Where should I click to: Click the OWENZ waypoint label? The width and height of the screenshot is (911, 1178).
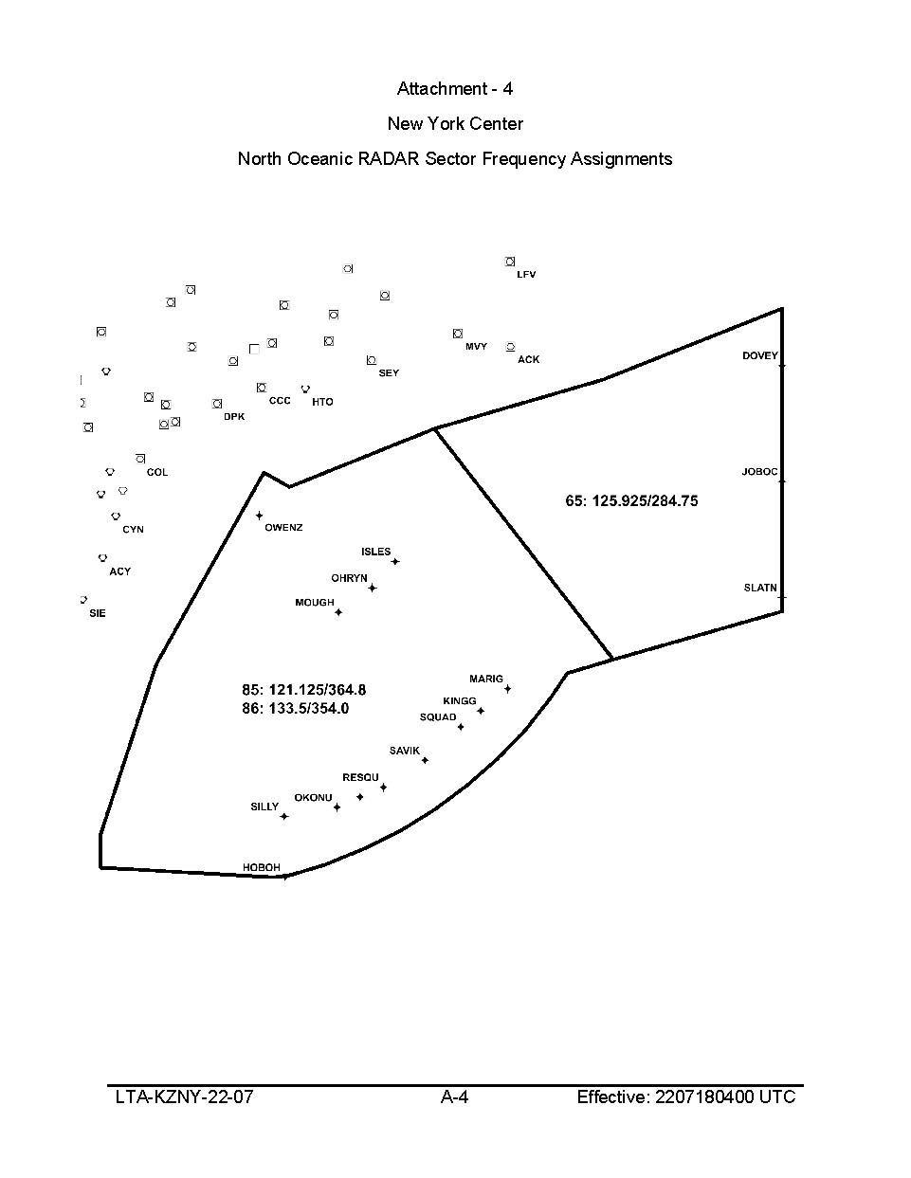coord(283,527)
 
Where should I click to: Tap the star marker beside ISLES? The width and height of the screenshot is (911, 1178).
coord(395,562)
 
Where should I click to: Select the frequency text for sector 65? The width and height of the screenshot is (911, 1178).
coord(631,500)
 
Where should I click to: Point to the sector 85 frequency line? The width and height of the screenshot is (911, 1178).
coord(303,690)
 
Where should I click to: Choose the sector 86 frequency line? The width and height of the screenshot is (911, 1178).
coord(296,708)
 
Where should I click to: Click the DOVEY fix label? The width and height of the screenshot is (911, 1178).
coord(759,356)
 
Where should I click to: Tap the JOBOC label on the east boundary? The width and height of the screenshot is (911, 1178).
coord(759,472)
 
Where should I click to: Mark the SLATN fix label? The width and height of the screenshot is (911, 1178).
coord(760,588)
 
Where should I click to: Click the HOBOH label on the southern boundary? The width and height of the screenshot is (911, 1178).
coord(262,867)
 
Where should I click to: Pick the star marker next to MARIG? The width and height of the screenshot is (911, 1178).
coord(507,689)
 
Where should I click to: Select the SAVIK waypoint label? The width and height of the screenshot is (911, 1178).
coord(404,751)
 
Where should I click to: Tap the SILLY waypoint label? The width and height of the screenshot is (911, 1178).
coord(264,806)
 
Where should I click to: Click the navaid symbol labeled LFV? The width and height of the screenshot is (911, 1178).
coord(510,262)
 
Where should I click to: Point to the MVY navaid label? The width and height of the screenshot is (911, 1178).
coord(476,347)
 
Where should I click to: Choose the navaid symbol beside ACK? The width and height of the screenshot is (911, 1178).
coord(510,347)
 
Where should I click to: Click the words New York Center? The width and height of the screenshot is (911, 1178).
coord(455,123)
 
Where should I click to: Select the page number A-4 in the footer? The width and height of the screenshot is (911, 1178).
coord(455,1097)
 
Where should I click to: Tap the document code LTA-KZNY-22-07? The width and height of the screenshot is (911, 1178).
coord(184,1097)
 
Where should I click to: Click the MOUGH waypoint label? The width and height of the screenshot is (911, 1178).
coord(315,603)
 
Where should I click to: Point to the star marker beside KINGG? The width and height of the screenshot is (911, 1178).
coord(481,711)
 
